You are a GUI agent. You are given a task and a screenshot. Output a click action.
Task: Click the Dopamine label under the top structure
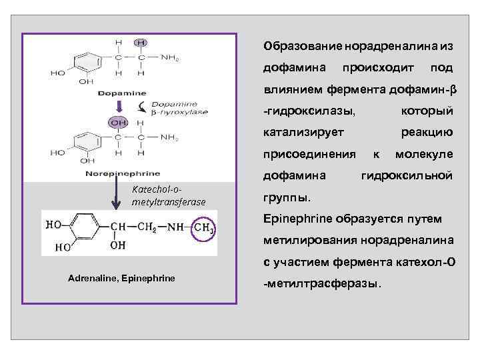pos(122,92)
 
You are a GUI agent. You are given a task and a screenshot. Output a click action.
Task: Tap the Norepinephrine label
pos(122,173)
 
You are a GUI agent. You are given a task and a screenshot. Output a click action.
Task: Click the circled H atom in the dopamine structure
pos(141,43)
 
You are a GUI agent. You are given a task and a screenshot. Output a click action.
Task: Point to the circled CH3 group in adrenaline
pos(204,229)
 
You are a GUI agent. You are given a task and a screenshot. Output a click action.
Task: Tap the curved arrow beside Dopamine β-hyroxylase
pos(141,108)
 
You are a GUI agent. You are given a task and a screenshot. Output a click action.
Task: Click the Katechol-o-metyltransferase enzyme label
pos(169,195)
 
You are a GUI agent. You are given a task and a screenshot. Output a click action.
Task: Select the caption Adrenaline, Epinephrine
pos(121,277)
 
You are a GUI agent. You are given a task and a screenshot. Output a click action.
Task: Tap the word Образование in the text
pos(303,47)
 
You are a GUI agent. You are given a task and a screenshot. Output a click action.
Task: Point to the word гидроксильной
pos(407,175)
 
